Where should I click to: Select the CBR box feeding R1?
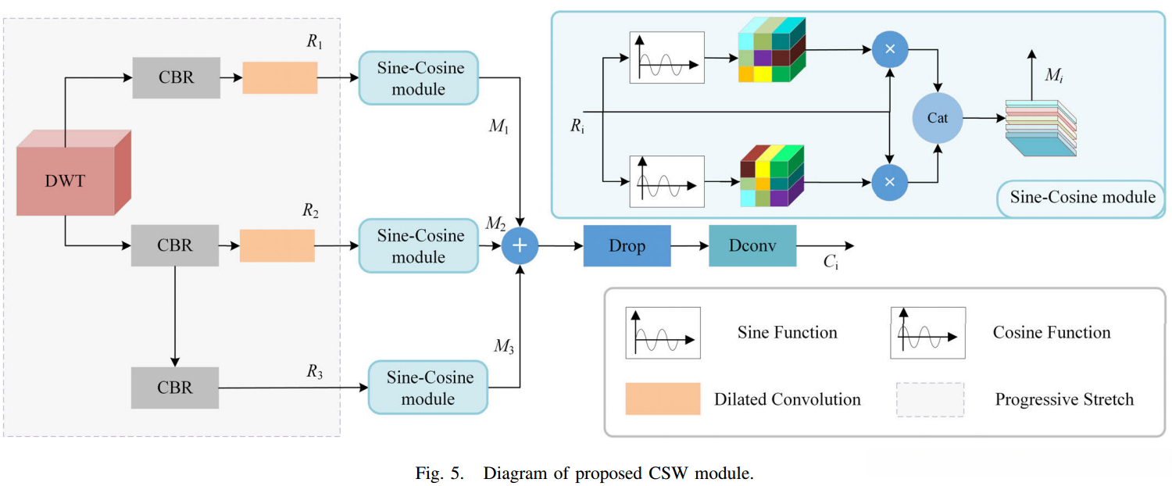(x=175, y=77)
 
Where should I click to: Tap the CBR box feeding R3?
(x=175, y=387)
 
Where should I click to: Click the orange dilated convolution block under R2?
(x=277, y=245)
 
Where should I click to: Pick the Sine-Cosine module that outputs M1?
(x=419, y=78)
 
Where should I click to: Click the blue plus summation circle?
(x=520, y=245)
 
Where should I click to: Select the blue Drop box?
(x=627, y=245)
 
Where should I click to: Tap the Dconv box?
(x=752, y=245)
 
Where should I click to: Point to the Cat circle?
(x=938, y=117)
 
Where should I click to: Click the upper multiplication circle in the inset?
(x=889, y=48)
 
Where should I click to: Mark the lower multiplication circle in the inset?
(x=889, y=181)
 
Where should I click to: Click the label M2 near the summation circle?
(x=495, y=224)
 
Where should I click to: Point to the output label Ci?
(x=831, y=263)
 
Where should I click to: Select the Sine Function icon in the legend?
(x=662, y=333)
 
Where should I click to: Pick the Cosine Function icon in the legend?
(x=927, y=333)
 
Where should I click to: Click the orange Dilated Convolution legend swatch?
(x=662, y=398)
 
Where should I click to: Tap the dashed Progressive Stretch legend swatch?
(x=930, y=398)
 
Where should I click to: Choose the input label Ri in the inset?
(x=577, y=127)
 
